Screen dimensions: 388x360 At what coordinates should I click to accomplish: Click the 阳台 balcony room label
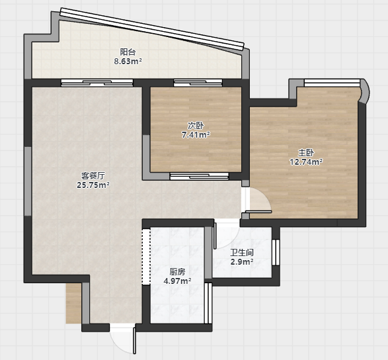(128, 52)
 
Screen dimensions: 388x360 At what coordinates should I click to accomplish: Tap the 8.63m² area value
(128, 61)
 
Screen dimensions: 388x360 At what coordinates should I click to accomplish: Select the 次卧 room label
(196, 126)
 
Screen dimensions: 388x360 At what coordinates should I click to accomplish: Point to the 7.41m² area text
(196, 135)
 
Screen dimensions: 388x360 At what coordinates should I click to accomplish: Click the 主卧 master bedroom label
(306, 153)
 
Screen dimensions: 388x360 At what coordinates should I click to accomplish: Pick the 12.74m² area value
(306, 161)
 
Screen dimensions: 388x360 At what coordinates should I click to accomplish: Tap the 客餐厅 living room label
(93, 175)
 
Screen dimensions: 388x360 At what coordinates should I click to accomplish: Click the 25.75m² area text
(93, 185)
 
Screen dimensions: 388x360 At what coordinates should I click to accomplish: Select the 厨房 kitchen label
(177, 272)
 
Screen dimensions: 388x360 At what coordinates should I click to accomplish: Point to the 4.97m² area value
(177, 281)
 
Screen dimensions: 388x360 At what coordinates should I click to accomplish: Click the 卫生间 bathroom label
(242, 253)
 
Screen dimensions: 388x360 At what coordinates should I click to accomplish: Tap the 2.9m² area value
(242, 262)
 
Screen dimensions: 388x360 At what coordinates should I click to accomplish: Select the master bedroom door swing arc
(265, 196)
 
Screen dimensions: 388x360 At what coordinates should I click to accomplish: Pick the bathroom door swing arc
(231, 242)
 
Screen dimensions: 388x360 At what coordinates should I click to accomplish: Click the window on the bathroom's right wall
(276, 252)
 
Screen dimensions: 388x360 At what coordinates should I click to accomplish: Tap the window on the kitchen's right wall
(208, 303)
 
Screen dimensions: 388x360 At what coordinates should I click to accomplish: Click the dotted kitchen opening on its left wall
(146, 257)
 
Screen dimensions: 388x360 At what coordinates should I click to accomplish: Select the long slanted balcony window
(152, 28)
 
